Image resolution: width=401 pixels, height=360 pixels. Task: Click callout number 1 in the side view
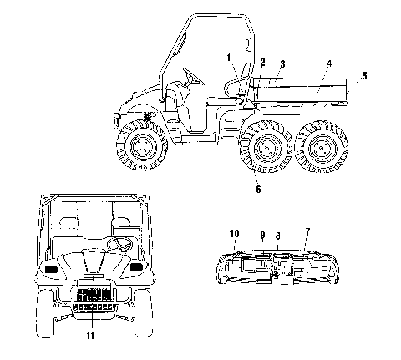[229, 58]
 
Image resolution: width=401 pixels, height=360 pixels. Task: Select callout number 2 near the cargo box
[262, 63]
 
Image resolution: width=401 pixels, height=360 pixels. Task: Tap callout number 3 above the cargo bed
[282, 64]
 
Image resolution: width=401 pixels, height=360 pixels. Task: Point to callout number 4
[329, 63]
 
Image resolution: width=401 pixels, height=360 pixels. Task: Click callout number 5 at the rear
[364, 75]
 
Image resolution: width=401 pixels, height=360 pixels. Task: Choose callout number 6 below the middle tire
[258, 190]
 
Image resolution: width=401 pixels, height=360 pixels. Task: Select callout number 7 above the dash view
[307, 231]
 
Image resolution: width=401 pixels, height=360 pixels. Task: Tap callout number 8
[277, 236]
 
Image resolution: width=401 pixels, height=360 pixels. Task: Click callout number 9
[262, 235]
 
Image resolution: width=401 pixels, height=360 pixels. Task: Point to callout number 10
[235, 234]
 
